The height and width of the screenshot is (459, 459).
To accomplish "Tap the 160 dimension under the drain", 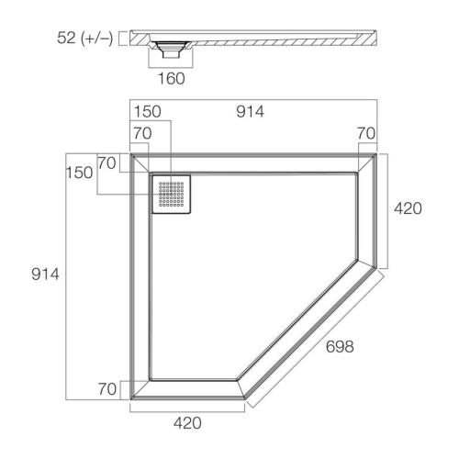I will [x=171, y=78].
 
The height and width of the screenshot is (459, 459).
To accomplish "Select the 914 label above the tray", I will [x=249, y=112].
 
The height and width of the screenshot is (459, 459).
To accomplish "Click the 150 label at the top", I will [x=150, y=112].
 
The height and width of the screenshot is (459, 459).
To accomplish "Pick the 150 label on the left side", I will [x=78, y=174].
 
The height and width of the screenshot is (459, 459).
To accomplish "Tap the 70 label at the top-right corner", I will [x=366, y=133].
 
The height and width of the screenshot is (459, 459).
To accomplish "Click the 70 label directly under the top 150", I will [x=140, y=133].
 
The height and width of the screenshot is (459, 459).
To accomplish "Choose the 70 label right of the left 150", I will [x=107, y=163].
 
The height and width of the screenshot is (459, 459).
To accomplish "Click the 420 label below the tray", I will [x=187, y=423].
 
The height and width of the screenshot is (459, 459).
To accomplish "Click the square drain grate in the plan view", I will [x=172, y=194].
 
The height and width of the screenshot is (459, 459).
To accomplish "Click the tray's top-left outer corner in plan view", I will [x=131, y=154].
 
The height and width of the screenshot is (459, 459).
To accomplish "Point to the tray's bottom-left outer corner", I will [x=131, y=401].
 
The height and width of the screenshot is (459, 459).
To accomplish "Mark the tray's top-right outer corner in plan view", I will [x=377, y=154].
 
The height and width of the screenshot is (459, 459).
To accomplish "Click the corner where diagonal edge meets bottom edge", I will [x=244, y=401].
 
